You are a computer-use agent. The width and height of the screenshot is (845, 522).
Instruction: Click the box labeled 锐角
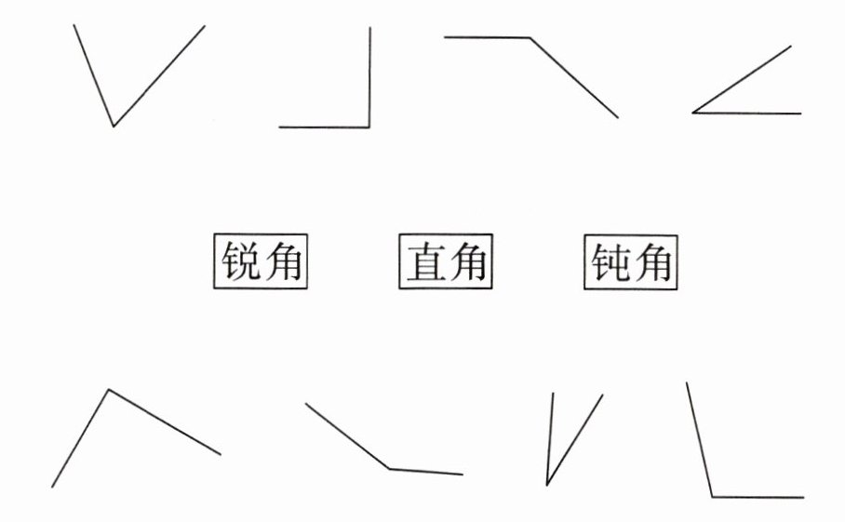tap(261, 262)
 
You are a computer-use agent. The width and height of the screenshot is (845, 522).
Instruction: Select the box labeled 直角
tap(446, 262)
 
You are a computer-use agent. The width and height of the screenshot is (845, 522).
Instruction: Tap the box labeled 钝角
tap(631, 262)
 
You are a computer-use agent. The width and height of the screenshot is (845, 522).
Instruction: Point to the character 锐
tap(240, 263)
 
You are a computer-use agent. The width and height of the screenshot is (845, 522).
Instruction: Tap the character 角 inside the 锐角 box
tap(282, 263)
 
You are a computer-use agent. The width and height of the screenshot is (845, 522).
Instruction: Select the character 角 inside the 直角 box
tap(467, 263)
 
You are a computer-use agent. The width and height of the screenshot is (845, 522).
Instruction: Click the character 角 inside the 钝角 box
tap(652, 263)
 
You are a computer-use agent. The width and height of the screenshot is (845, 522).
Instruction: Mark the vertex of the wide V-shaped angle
tap(114, 126)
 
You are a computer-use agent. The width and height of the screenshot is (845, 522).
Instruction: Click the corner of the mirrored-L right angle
tap(369, 127)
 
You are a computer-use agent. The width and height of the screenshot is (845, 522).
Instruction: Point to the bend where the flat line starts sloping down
tap(530, 38)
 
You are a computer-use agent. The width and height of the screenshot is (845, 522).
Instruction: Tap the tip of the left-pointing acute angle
tap(693, 113)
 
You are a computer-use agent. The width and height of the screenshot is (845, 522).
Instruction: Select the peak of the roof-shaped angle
tap(109, 390)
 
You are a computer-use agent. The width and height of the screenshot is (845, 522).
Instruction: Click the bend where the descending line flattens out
tap(390, 468)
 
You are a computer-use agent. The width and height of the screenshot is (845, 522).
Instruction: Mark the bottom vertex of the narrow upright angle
tap(547, 484)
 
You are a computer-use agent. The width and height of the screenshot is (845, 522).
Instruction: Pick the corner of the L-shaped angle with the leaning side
tap(712, 497)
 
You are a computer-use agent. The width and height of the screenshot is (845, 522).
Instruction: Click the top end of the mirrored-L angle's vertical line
tap(369, 28)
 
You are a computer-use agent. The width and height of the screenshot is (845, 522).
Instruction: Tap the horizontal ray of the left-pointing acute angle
tap(749, 114)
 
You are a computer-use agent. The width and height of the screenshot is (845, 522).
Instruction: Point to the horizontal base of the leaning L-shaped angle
tap(758, 497)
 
